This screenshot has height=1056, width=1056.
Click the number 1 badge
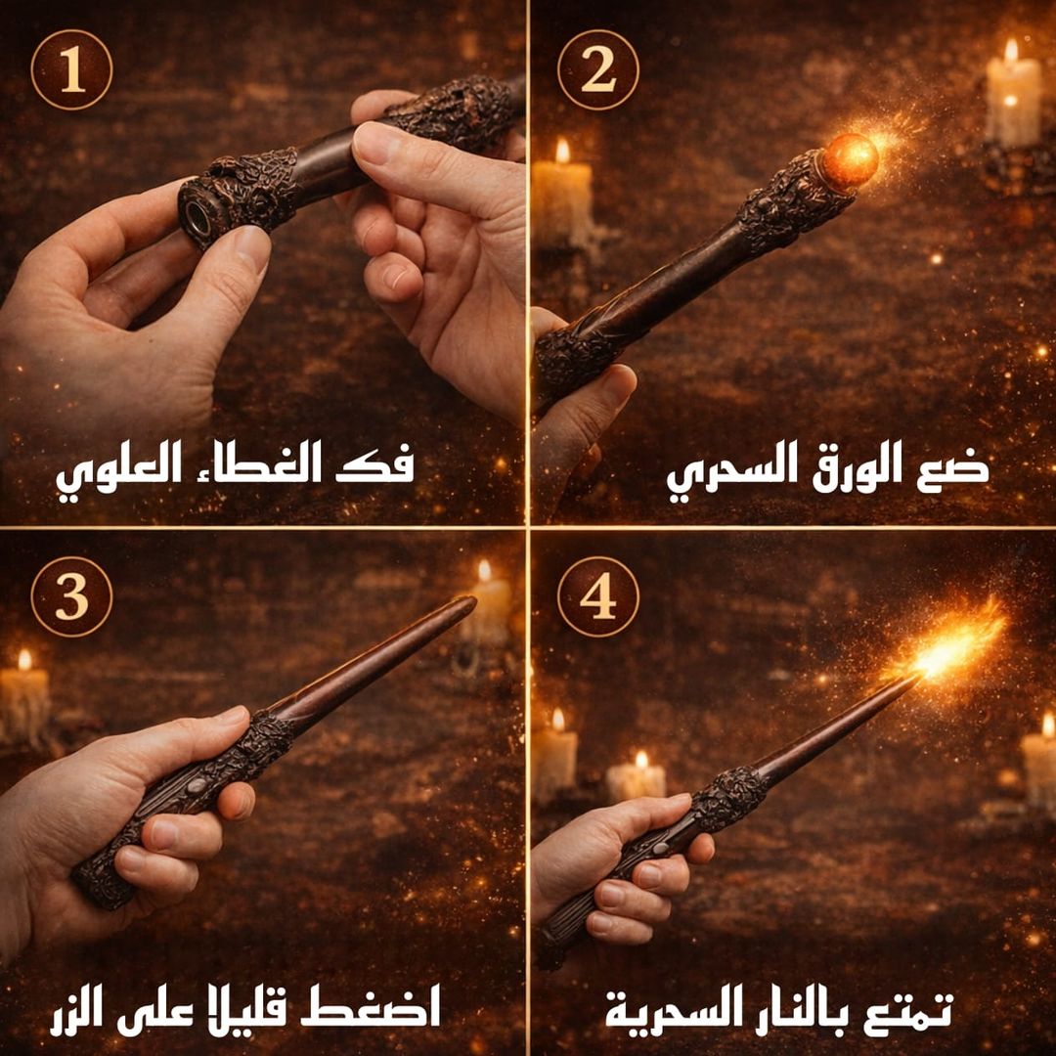(71, 69)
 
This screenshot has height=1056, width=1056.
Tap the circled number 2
(598, 69)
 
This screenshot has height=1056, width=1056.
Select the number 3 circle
(71, 596)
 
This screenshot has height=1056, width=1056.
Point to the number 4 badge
(598, 596)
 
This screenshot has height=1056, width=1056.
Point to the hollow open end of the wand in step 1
(198, 217)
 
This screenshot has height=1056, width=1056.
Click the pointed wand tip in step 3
(472, 600)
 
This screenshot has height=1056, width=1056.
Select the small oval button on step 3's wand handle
(196, 785)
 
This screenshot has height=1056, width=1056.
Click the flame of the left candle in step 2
(562, 150)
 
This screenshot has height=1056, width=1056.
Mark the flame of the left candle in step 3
(24, 659)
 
